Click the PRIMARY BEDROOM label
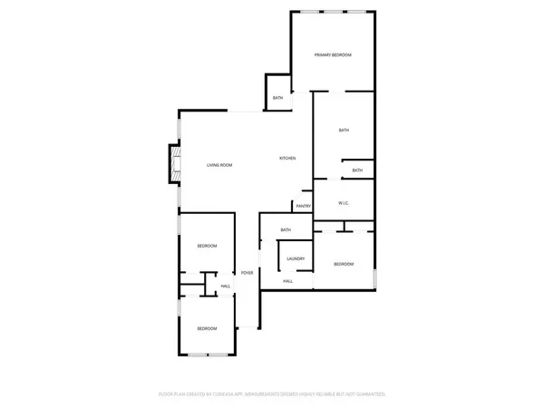pyautogui.click(x=333, y=55)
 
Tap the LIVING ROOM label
pyautogui.click(x=219, y=165)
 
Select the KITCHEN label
pyautogui.click(x=287, y=159)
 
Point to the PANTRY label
pyautogui.click(x=303, y=207)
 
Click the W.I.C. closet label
pyautogui.click(x=344, y=203)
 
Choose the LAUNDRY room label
pyautogui.click(x=295, y=259)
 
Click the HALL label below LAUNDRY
pyautogui.click(x=287, y=281)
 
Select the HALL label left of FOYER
pyautogui.click(x=226, y=287)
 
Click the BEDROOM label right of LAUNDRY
pyautogui.click(x=343, y=264)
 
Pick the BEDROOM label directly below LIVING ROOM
pyautogui.click(x=208, y=247)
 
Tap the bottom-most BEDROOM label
pyautogui.click(x=207, y=328)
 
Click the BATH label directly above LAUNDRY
pyautogui.click(x=285, y=230)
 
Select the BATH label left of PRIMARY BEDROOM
pyautogui.click(x=277, y=98)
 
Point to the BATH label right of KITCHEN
pyautogui.click(x=344, y=131)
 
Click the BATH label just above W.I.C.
pyautogui.click(x=357, y=170)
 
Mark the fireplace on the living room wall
pyautogui.click(x=167, y=166)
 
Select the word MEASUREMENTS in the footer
pyautogui.click(x=267, y=394)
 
